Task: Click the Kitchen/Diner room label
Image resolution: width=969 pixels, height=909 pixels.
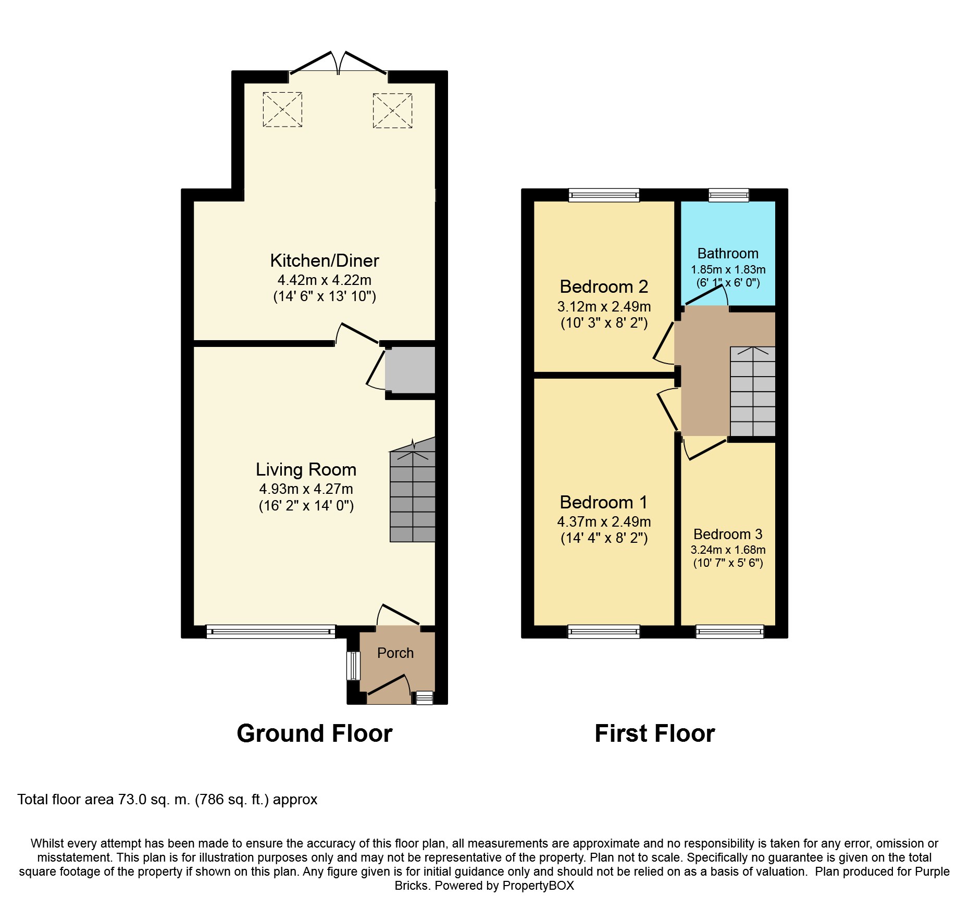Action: coord(325,260)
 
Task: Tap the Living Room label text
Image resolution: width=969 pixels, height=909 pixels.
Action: coord(306,469)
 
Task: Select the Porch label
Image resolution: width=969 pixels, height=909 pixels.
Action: coord(395,653)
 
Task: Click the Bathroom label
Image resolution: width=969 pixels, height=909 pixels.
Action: coord(728,254)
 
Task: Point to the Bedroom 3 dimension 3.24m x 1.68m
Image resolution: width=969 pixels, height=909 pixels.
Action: coord(728,550)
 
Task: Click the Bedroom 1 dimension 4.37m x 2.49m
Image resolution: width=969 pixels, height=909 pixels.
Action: coord(604,521)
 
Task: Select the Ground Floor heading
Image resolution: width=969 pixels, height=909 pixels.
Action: coord(314,733)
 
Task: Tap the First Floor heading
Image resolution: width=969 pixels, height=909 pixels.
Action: coord(655,733)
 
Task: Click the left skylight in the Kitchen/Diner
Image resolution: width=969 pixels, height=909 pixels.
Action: coord(282,109)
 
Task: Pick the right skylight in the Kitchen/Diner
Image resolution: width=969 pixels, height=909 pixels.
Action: coord(392,110)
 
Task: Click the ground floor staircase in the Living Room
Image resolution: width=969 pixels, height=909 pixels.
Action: coord(413,490)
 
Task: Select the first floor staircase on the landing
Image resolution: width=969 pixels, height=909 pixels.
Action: coord(753,391)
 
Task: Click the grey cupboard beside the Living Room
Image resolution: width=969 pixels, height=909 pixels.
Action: coord(410,370)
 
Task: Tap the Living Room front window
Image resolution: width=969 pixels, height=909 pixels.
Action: coord(271,632)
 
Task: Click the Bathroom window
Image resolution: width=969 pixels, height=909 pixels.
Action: coord(729,195)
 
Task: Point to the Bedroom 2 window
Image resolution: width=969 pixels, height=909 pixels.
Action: coord(604,195)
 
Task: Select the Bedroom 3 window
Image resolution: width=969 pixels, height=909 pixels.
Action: coord(730,632)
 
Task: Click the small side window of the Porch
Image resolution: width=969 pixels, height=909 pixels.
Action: coord(354,666)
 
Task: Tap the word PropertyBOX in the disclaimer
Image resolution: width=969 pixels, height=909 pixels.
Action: coord(538,886)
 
